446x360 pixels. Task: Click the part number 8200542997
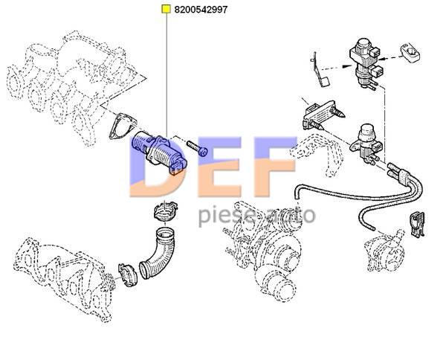pyautogui.click(x=201, y=10)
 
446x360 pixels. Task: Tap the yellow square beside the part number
pyautogui.click(x=166, y=9)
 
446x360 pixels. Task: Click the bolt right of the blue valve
pyautogui.click(x=197, y=148)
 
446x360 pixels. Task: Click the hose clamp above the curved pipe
pyautogui.click(x=165, y=211)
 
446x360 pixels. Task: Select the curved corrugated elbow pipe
pyautogui.click(x=158, y=253)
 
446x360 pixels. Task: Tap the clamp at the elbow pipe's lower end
pyautogui.click(x=128, y=274)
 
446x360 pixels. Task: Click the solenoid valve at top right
pyautogui.click(x=365, y=62)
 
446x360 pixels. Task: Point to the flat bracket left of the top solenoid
pyautogui.click(x=320, y=71)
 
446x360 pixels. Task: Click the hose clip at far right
pyautogui.click(x=417, y=224)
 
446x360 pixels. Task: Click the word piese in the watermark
pyautogui.click(x=227, y=216)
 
